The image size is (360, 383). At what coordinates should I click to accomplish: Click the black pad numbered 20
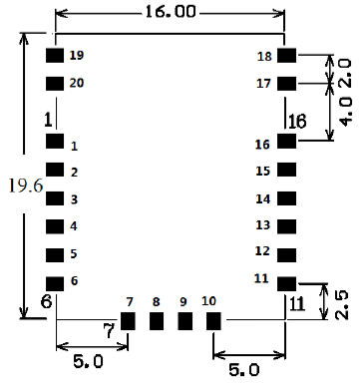coord(55,84)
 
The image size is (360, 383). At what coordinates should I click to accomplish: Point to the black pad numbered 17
coord(287,84)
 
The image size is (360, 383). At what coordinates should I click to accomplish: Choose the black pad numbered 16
coord(287,143)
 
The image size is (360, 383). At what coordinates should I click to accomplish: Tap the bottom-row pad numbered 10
coord(212,321)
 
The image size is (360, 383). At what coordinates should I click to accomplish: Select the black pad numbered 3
coord(55,199)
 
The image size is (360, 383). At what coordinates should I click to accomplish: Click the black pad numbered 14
coord(287,199)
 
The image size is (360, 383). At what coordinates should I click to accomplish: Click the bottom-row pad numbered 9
coord(184,321)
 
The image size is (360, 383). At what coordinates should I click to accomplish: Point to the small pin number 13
coord(263,225)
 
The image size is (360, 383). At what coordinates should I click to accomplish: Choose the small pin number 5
coord(74,254)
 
